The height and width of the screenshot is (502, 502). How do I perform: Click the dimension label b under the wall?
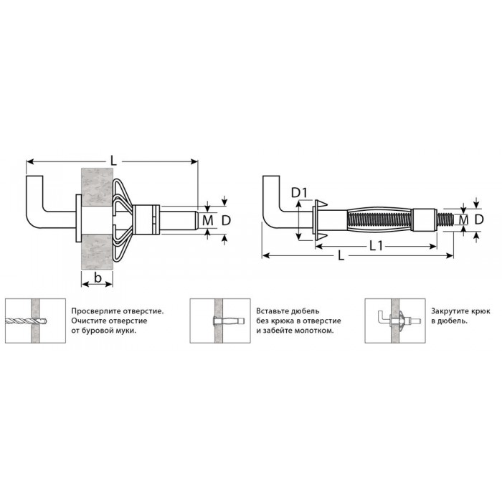coord(98,278)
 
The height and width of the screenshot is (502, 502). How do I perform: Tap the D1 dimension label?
coord(299,193)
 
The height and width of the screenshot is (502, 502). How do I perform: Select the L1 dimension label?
coord(376,246)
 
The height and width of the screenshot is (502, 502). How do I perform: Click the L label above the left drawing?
coord(113,161)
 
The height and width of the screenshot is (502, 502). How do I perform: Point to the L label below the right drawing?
coord(341,255)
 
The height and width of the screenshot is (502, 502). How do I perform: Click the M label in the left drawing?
coord(208,220)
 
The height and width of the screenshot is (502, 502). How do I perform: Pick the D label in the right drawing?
coord(479,219)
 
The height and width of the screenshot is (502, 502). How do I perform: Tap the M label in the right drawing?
coord(463,220)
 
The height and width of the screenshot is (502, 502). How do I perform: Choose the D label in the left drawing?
coord(226,220)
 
